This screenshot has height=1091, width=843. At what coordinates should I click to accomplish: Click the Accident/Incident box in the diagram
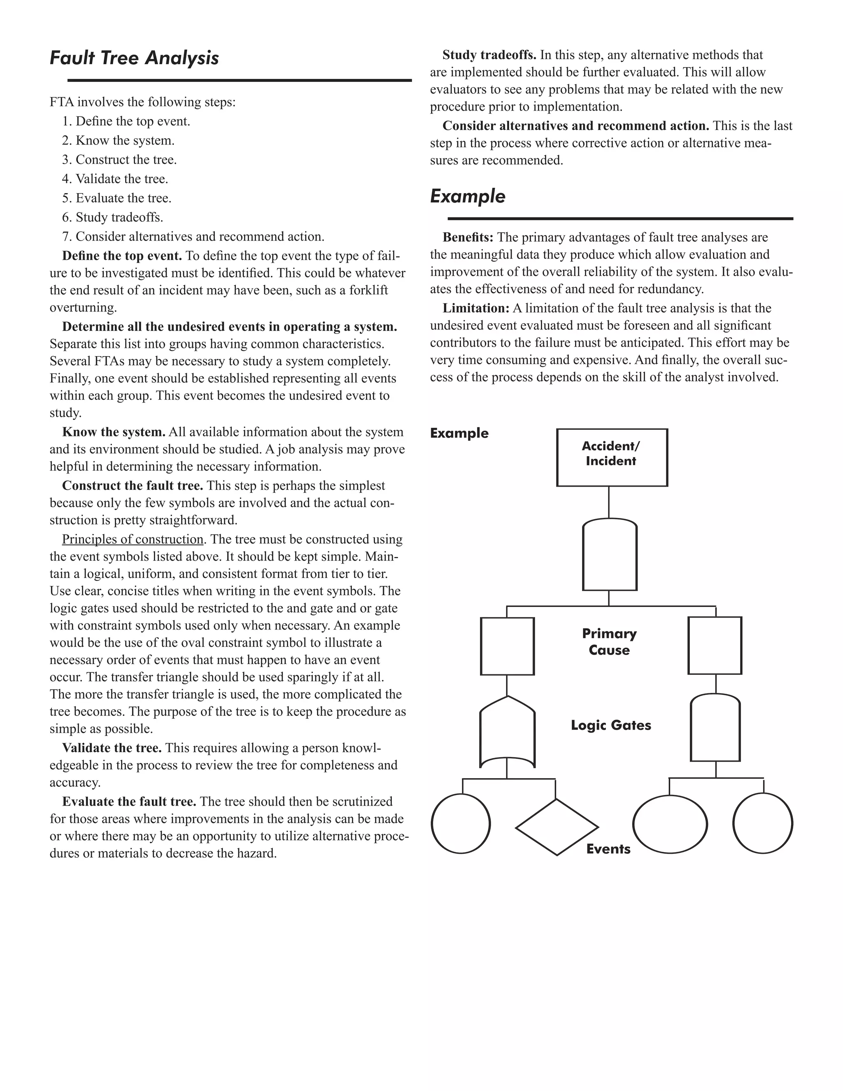pos(612,457)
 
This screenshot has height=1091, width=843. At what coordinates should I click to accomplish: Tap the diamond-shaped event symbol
pos(557,827)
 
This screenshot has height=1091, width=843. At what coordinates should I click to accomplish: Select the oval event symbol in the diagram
pos(670,824)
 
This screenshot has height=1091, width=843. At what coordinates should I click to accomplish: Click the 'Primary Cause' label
pos(609,641)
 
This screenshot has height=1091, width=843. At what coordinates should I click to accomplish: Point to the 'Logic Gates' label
pos(611,725)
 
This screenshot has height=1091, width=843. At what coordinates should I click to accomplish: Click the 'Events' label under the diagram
pos(608,849)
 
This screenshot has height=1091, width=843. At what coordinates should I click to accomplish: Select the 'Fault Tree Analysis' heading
pos(134,58)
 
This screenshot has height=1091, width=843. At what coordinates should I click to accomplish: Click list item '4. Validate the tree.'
pos(115,179)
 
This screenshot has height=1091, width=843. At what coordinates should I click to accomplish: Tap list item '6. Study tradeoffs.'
pos(113,217)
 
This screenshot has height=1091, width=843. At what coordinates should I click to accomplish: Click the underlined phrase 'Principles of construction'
pos(133,539)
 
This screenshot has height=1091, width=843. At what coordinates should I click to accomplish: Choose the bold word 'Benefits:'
pos(468,237)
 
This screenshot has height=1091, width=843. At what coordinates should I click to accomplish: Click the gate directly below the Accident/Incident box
pos(609,555)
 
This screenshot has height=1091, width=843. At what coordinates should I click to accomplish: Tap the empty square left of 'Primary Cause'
pos(507,646)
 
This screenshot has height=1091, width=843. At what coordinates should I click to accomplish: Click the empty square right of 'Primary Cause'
pos(715,646)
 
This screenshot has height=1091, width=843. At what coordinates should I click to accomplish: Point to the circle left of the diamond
pos(461,824)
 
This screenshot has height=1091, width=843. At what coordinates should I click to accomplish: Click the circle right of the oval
pos(763,823)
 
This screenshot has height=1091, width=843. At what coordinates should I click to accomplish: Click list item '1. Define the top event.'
pos(126,121)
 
